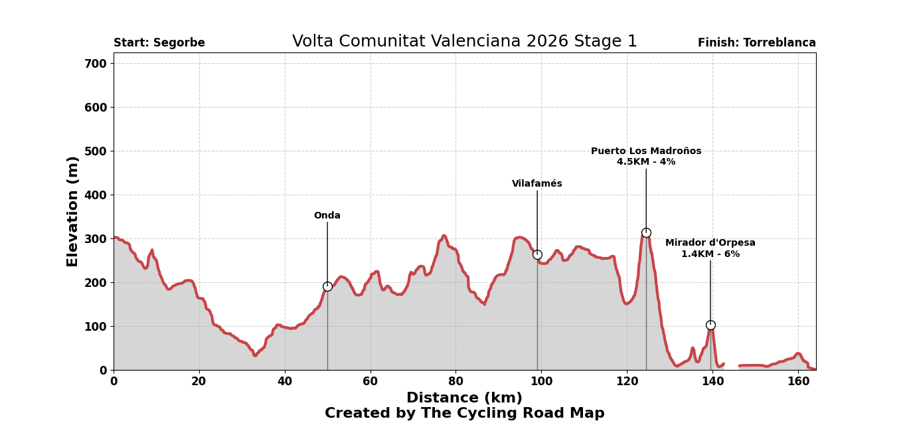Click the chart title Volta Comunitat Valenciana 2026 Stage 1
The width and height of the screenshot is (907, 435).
pyautogui.click(x=464, y=42)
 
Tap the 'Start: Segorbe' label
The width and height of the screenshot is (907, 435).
pyautogui.click(x=159, y=43)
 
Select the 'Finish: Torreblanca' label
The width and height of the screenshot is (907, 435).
pyautogui.click(x=756, y=43)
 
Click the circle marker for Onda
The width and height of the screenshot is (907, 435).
pyautogui.click(x=327, y=286)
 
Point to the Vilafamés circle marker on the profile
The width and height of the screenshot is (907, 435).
pyautogui.click(x=537, y=254)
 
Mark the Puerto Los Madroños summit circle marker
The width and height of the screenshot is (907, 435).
pyautogui.click(x=646, y=232)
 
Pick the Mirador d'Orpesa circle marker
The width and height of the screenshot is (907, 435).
pyautogui.click(x=710, y=325)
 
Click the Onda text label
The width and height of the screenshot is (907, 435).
pyautogui.click(x=327, y=216)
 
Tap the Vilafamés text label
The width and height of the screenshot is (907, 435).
pyautogui.click(x=537, y=184)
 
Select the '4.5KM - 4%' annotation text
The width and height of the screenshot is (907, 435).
pyautogui.click(x=646, y=162)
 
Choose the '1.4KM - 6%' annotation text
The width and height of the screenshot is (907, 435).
pyautogui.click(x=710, y=254)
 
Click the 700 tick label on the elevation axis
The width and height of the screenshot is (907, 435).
pyautogui.click(x=96, y=64)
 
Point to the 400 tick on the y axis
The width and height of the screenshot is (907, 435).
pyautogui.click(x=96, y=195)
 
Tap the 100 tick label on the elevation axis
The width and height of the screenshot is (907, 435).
pyautogui.click(x=96, y=327)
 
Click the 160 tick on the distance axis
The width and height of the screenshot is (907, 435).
pyautogui.click(x=798, y=382)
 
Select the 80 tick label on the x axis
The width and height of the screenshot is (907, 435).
pyautogui.click(x=455, y=382)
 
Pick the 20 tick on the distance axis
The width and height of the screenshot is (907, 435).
pyautogui.click(x=199, y=382)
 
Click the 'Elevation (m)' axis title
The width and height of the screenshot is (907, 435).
pyautogui.click(x=73, y=211)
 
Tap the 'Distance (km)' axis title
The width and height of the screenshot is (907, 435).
pyautogui.click(x=464, y=398)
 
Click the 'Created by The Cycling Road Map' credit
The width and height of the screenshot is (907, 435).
pyautogui.click(x=464, y=414)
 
